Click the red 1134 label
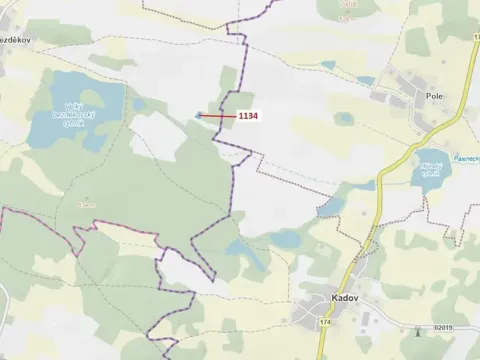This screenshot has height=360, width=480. (247, 116)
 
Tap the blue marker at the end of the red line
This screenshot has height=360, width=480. (199, 116)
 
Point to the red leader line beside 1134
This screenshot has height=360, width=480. (218, 116)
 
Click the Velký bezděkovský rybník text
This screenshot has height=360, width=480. (74, 116)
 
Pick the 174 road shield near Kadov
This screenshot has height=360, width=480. (325, 323)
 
